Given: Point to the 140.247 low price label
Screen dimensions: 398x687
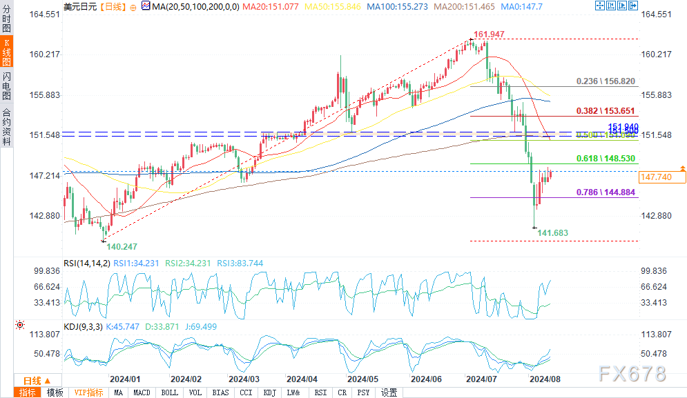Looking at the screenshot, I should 122,246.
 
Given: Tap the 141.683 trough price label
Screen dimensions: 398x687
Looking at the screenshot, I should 552,233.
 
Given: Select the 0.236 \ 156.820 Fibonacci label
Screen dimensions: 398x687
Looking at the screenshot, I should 606,81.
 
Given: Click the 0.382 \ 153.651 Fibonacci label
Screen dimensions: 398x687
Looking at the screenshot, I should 606,110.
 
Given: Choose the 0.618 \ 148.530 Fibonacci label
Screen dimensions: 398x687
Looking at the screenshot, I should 606,158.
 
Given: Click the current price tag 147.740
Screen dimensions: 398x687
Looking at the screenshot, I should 657,177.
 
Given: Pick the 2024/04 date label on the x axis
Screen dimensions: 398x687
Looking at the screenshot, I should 301,379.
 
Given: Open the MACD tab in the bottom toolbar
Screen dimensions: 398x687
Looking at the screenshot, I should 142,392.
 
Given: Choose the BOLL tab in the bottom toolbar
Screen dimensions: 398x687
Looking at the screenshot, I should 169,392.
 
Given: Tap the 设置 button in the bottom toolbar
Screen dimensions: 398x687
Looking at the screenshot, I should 389,392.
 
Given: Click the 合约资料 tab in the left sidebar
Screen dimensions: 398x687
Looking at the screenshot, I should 6,127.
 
